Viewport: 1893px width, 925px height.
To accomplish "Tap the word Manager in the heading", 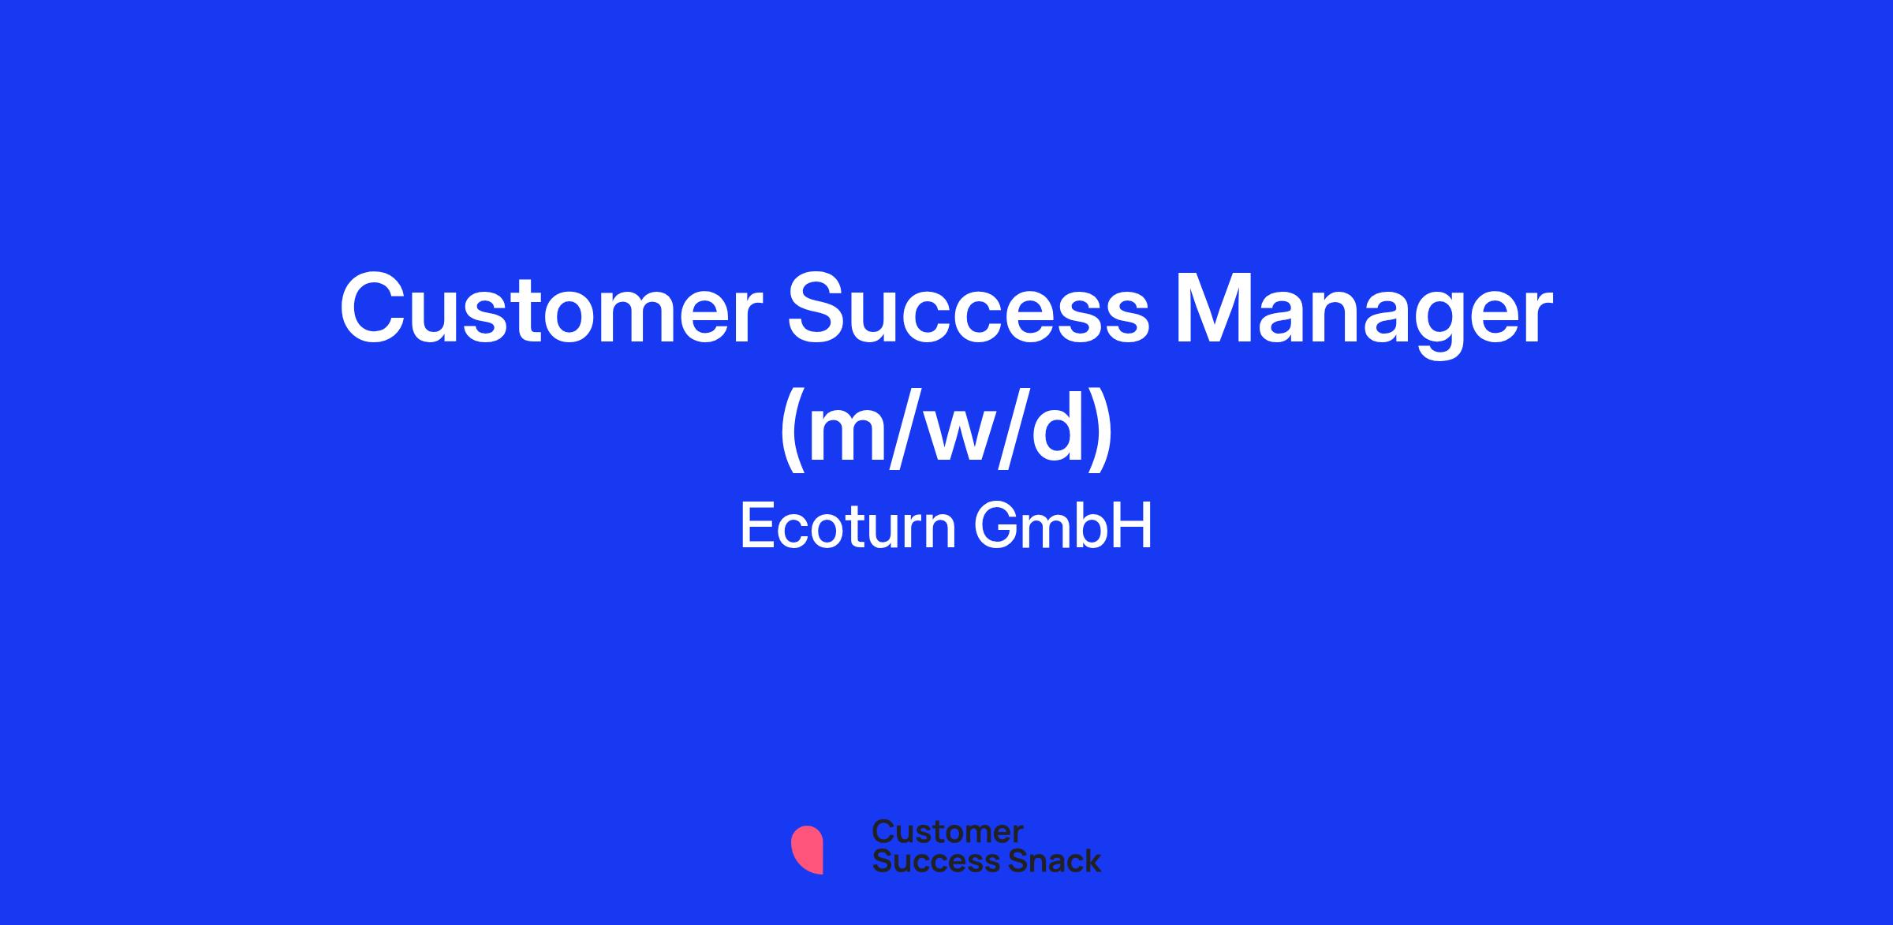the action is [x=1364, y=315].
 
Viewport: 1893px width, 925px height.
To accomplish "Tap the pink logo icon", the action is [x=807, y=849].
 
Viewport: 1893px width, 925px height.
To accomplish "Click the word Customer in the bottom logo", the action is [x=947, y=832].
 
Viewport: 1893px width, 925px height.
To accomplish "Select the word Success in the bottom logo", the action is [x=926, y=861].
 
